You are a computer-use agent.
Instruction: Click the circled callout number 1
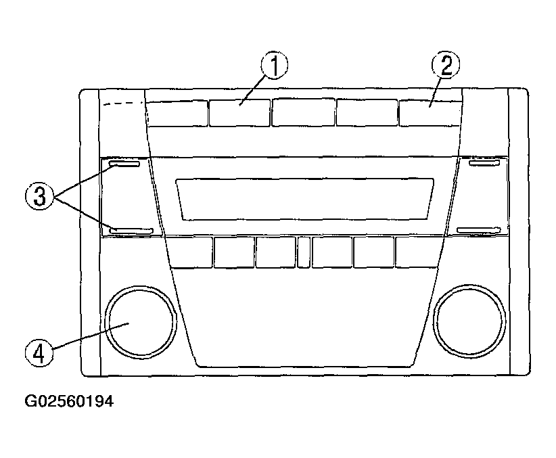click(275, 66)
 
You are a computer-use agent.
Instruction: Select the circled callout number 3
click(39, 196)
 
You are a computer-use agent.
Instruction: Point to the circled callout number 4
click(39, 353)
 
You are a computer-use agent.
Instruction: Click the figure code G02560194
click(69, 401)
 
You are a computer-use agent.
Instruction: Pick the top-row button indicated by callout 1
click(239, 113)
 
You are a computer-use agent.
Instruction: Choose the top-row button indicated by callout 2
click(430, 113)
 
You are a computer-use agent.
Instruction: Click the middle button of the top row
click(303, 112)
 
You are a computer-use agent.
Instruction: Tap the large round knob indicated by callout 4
click(141, 321)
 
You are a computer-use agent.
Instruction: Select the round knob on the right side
click(469, 321)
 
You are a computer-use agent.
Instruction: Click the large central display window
click(305, 199)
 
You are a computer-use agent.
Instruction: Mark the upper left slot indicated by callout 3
click(124, 164)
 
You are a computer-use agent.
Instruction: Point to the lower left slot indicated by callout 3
click(131, 231)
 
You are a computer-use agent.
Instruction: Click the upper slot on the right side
click(484, 163)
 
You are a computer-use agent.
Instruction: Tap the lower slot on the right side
click(479, 231)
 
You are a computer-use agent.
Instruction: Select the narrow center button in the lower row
click(304, 252)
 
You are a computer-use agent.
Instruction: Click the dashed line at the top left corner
click(123, 104)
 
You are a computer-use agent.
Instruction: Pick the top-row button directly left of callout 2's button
click(367, 112)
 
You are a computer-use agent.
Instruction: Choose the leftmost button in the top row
click(177, 113)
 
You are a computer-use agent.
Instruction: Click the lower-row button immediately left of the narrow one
click(275, 252)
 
